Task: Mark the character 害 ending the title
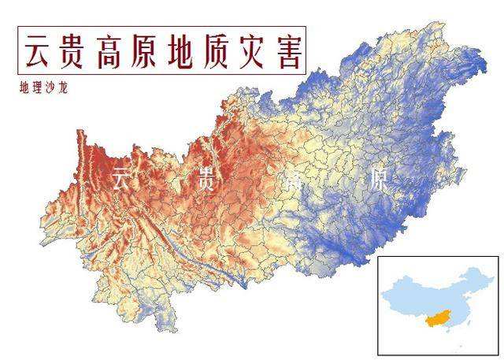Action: click(288, 53)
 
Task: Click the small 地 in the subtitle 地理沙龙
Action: click(24, 88)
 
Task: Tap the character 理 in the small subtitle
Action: click(36, 88)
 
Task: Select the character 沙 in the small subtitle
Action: click(50, 88)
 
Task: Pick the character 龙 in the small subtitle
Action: click(63, 88)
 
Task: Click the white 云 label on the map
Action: click(120, 178)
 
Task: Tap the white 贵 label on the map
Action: click(206, 180)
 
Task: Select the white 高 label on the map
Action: click(293, 180)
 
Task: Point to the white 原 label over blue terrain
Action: click(378, 182)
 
